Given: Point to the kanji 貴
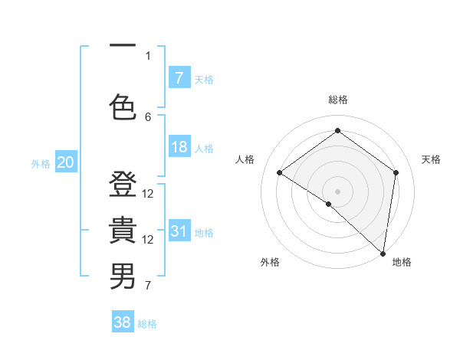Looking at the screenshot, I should tap(123, 231).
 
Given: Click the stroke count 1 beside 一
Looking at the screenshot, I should tap(148, 55).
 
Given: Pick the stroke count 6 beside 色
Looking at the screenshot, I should tap(148, 116).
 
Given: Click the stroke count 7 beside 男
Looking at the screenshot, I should tap(148, 286).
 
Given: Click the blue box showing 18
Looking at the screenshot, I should tap(179, 147).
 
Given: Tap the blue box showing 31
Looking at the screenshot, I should tap(179, 231).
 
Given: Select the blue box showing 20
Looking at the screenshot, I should tap(65, 162).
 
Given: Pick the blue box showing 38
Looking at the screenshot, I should tap(123, 322).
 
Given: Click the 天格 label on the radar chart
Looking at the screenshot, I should tap(432, 159).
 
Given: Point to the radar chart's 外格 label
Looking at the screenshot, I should tap(270, 262).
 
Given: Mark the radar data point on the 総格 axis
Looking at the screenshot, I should tap(337, 131).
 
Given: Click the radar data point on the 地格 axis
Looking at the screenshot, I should tap(383, 253).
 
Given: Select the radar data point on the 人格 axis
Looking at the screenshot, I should tap(280, 172).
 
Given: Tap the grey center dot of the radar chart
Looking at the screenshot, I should tap(337, 191).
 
